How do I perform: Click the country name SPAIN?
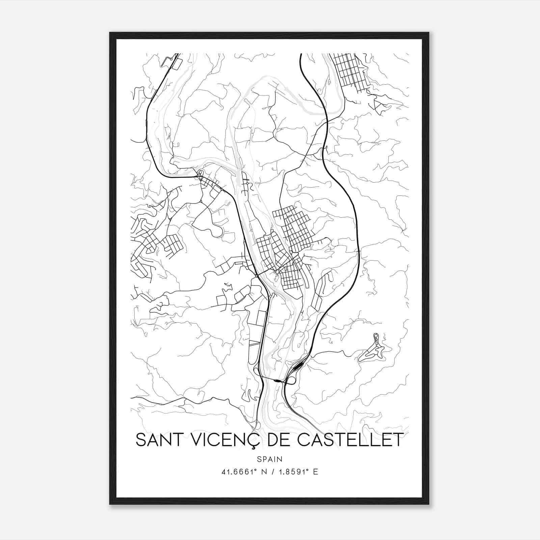[269, 459]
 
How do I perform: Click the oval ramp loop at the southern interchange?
[291, 381]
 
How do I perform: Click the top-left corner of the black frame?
[110, 33]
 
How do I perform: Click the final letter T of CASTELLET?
[398, 440]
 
